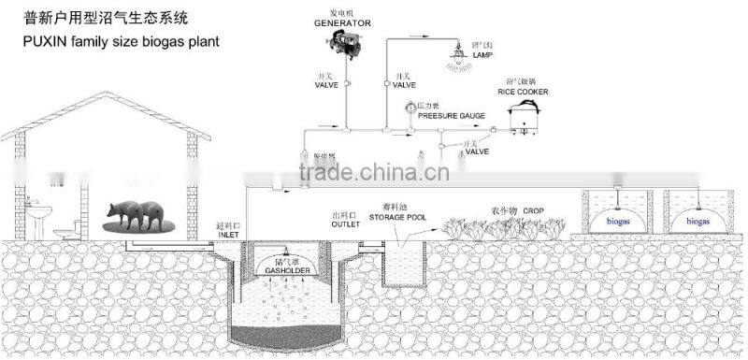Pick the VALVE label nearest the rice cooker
coord(477,151)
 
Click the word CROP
coord(533,211)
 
